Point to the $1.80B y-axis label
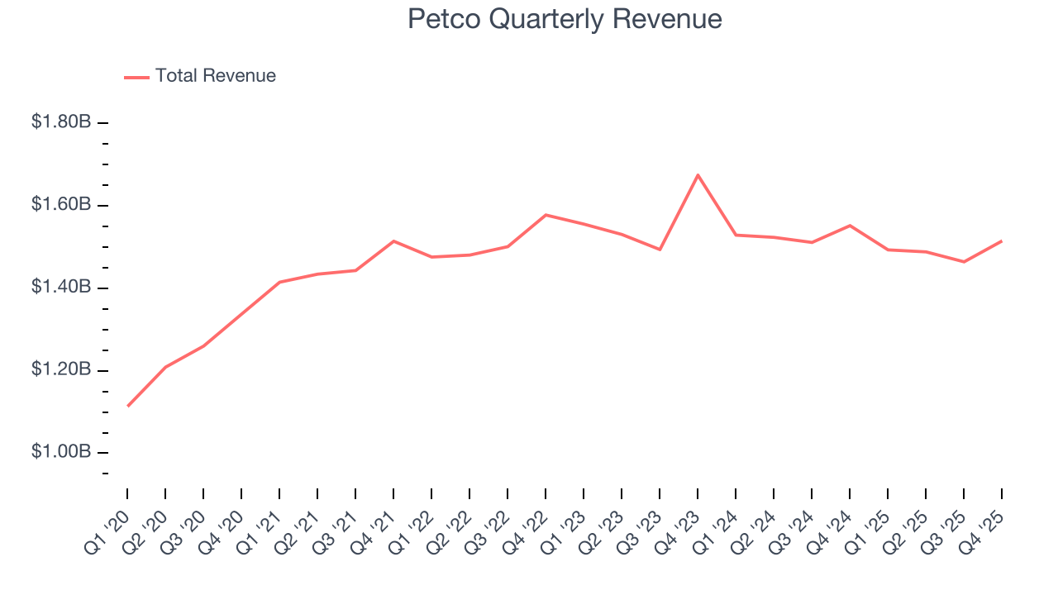[x=61, y=122]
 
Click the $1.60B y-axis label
[x=61, y=204]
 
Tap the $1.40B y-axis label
[x=61, y=287]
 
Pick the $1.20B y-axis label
[x=61, y=369]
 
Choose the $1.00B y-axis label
[x=61, y=452]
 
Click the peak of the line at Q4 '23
[x=698, y=175]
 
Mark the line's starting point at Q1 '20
[x=128, y=406]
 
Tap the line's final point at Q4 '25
[x=1002, y=241]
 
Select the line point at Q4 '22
[x=546, y=215]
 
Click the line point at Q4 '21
[x=393, y=241]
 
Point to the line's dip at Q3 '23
[x=660, y=250]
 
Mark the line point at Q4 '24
[x=850, y=226]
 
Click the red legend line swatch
[x=136, y=77]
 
